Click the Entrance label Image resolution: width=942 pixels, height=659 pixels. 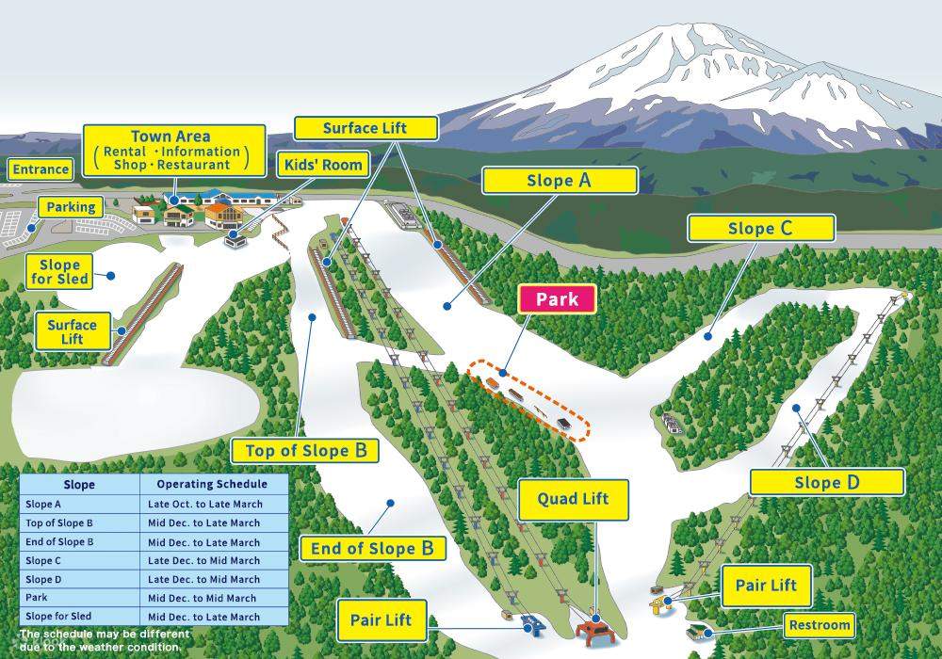(41, 169)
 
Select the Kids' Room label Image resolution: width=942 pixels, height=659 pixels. (323, 165)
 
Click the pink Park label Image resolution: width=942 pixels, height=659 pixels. (556, 300)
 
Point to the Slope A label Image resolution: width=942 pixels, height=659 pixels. (560, 180)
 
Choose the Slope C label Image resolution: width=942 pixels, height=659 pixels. (760, 228)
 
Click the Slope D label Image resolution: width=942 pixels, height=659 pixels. (826, 483)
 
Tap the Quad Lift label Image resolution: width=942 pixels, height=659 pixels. (573, 499)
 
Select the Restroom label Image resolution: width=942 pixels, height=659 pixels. (820, 624)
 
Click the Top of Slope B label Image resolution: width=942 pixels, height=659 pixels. (305, 450)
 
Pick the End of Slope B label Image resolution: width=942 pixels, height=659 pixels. (371, 548)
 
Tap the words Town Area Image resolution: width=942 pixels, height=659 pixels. (171, 137)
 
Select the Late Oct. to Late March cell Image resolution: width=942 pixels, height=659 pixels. (204, 504)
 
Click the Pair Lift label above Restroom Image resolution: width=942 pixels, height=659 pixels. (765, 586)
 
